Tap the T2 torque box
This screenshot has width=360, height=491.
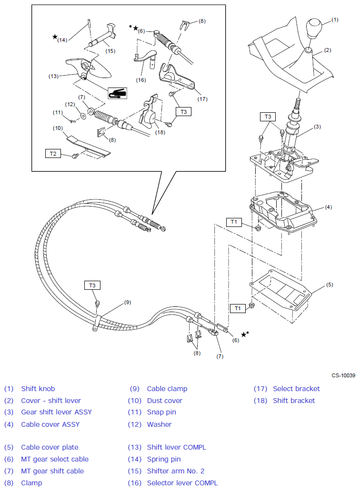tap(52, 153)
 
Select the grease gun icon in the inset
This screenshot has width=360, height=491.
tap(117, 93)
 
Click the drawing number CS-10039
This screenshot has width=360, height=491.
tap(344, 376)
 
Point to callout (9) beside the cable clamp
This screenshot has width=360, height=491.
tap(127, 302)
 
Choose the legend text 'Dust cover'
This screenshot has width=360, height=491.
tap(164, 401)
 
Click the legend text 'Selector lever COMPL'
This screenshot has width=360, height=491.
tap(182, 483)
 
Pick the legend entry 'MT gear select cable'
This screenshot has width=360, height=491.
tap(55, 459)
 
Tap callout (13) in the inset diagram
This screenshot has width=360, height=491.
tap(53, 76)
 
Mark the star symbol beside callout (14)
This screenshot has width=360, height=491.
tap(55, 37)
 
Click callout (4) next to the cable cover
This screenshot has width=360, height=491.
tap(328, 207)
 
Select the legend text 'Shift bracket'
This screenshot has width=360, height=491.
tap(294, 401)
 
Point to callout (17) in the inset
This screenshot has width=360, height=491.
tap(202, 99)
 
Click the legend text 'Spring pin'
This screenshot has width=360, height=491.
tap(164, 459)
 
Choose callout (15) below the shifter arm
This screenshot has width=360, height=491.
tap(110, 50)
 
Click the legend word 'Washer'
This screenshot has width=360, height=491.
tap(159, 424)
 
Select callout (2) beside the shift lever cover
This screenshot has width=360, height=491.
tap(328, 50)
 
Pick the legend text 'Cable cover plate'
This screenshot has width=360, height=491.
tap(50, 447)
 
